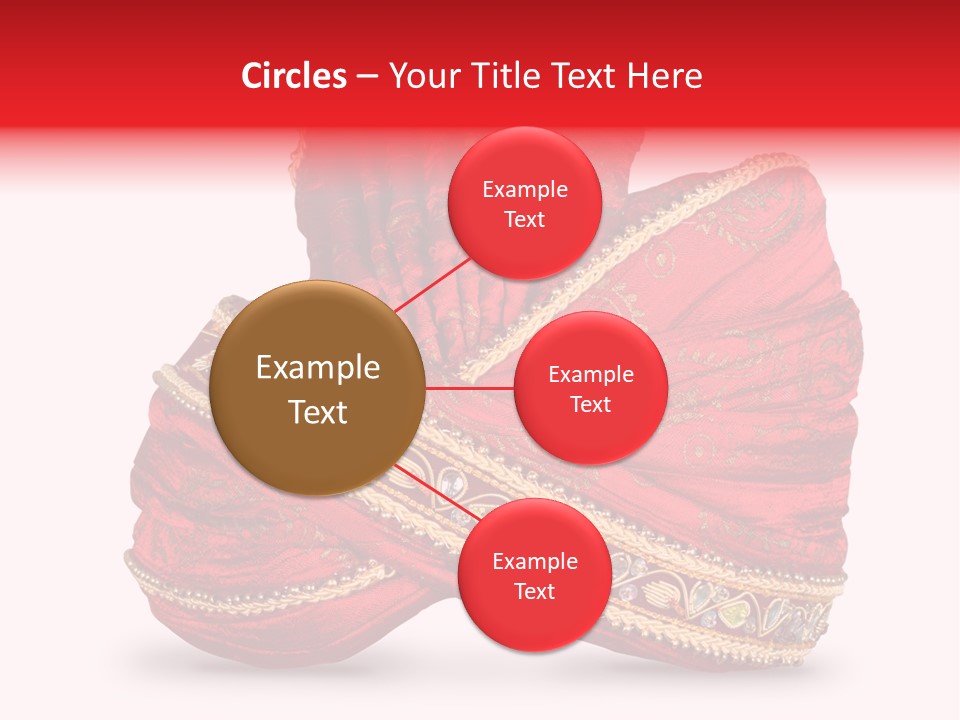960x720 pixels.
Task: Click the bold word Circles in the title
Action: (x=294, y=76)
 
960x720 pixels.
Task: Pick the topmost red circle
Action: (x=524, y=204)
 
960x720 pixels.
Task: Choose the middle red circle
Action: (x=590, y=388)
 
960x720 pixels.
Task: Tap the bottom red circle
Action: (x=534, y=575)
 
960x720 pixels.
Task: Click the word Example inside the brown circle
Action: (x=317, y=368)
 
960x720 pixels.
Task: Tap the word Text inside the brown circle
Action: (x=317, y=411)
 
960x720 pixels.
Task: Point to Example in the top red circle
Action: (x=524, y=190)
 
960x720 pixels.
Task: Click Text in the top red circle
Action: (x=524, y=219)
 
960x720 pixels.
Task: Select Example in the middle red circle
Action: (x=590, y=375)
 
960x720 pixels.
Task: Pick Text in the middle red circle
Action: (x=590, y=404)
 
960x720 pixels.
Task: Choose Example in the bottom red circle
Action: (x=534, y=561)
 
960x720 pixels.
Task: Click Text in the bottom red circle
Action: (x=534, y=591)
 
